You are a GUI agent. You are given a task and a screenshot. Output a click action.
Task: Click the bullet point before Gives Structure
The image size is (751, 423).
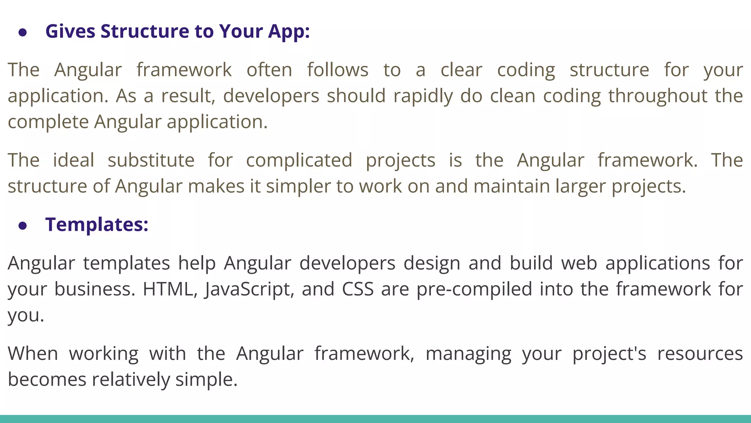pos(23,33)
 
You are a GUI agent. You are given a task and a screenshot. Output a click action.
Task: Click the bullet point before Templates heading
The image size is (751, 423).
pos(23,226)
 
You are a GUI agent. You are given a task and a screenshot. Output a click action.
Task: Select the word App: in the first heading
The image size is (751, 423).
pos(289,32)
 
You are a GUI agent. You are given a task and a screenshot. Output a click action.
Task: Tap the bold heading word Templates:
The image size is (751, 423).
pos(97,224)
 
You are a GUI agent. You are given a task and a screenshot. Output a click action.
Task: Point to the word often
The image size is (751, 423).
pos(269,70)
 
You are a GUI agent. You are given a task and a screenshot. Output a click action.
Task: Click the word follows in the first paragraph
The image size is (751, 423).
pos(337,70)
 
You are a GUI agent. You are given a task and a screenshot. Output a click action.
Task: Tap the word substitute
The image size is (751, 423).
pos(151,160)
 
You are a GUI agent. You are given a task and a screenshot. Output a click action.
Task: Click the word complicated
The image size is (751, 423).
pos(299,160)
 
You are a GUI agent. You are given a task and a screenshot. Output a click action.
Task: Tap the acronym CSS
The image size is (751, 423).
pos(358,289)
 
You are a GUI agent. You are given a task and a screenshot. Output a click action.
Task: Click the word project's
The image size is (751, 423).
pos(609,354)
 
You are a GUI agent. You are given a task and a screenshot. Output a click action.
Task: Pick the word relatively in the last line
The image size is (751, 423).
pos(131,380)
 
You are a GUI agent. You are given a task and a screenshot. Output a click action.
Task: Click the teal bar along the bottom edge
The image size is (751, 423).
pos(375,419)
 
